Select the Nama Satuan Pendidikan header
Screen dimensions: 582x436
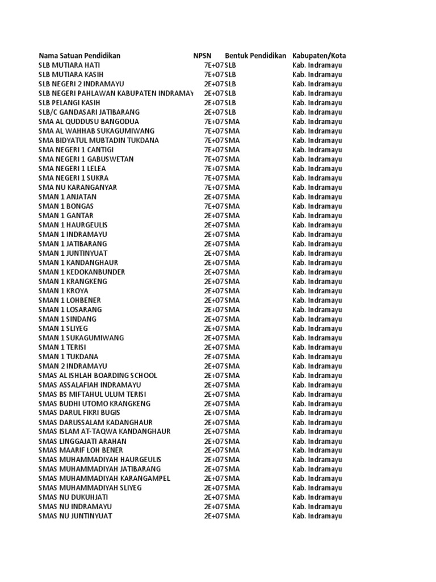coord(79,56)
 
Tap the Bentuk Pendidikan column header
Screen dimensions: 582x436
coord(255,56)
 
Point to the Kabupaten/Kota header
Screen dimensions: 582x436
coord(319,56)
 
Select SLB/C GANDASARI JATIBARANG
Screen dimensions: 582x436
coord(89,112)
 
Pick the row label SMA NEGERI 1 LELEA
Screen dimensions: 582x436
coord(72,169)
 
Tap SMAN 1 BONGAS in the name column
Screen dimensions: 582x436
coord(66,206)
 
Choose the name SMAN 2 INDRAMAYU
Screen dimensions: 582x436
coord(73,366)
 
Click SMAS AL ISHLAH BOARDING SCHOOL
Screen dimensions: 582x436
coord(98,376)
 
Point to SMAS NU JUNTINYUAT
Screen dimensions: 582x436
coord(75,516)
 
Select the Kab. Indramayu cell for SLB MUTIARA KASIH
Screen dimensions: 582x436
coord(317,74)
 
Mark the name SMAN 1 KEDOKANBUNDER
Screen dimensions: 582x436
coord(82,272)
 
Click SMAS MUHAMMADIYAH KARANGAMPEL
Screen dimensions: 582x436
coord(104,479)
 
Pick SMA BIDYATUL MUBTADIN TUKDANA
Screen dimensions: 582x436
coord(99,140)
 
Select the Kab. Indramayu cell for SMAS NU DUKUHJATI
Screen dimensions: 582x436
coord(317,497)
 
